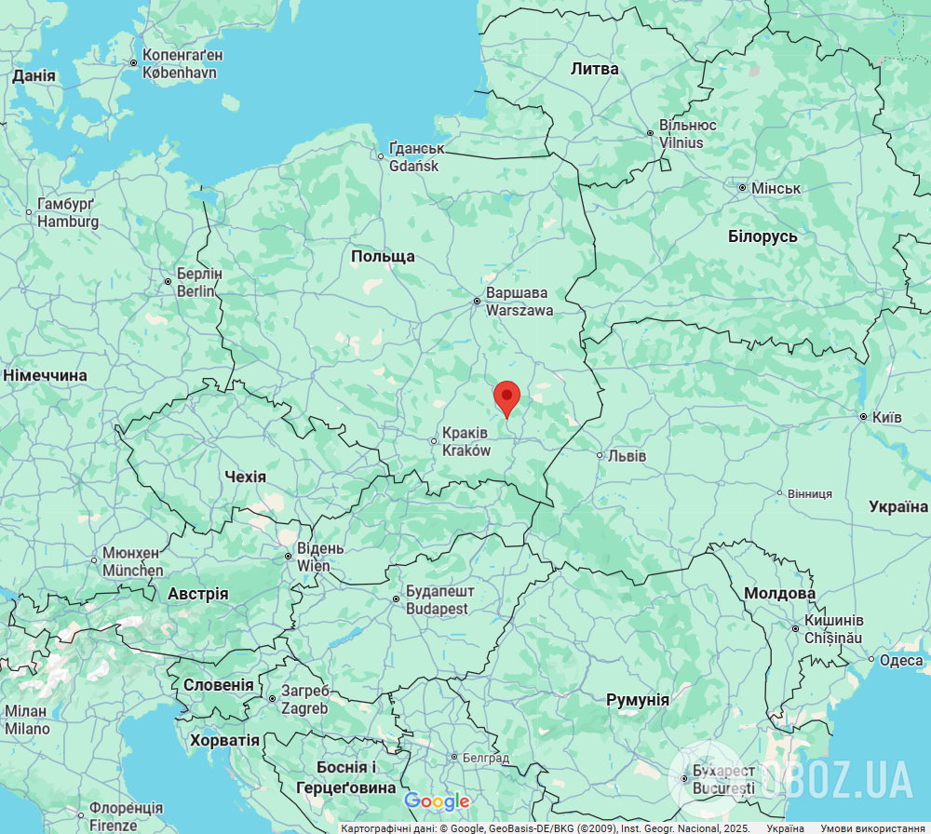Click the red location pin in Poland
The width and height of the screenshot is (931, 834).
coord(506,397)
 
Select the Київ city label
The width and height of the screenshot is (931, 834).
coord(884,417)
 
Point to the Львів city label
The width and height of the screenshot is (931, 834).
coord(626,456)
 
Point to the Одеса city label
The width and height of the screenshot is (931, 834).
coord(901,660)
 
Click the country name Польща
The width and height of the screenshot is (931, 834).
coord(383,256)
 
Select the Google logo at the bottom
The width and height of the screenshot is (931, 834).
coord(437,801)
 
